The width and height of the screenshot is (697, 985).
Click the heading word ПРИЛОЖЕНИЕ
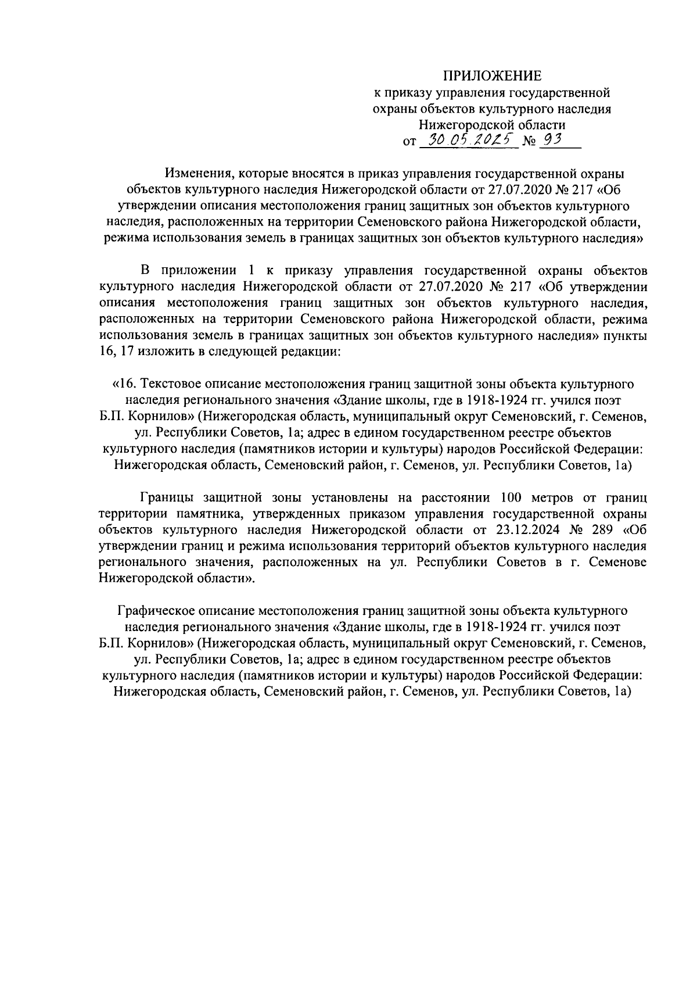tap(493, 76)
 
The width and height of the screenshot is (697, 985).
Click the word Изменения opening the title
tap(196, 173)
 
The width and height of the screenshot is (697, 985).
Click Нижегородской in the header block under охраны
tap(459, 124)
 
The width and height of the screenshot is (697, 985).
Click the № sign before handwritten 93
tap(529, 141)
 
